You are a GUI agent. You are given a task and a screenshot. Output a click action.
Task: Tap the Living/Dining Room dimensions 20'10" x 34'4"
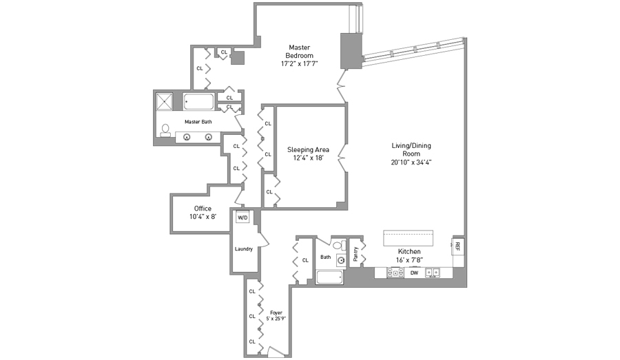(x=411, y=163)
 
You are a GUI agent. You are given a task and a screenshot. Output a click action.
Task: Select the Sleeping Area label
(x=308, y=149)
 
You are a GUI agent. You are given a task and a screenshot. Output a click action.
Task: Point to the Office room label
(x=203, y=209)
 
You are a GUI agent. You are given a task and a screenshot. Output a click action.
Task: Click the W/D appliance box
(x=242, y=218)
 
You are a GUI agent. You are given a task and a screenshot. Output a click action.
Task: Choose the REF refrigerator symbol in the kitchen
(x=457, y=244)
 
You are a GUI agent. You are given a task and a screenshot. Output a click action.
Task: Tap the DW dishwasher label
(x=414, y=273)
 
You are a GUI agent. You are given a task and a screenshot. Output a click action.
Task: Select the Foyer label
(x=276, y=313)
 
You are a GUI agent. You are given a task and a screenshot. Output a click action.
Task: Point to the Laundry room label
(x=243, y=249)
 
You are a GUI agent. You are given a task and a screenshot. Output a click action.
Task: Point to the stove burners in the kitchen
(x=395, y=273)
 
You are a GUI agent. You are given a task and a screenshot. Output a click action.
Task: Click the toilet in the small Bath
(x=338, y=245)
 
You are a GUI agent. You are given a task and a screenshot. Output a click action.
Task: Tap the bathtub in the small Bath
(x=329, y=277)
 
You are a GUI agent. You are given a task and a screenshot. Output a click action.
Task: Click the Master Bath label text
(x=198, y=122)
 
